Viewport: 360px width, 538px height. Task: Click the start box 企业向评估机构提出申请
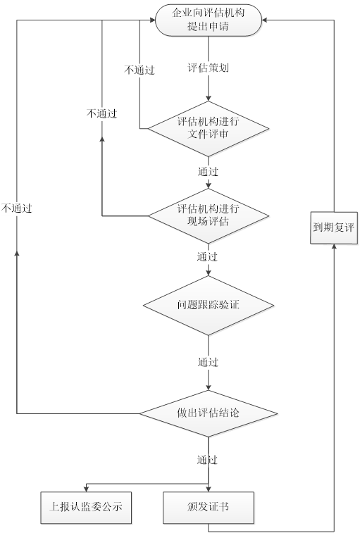pos(209,20)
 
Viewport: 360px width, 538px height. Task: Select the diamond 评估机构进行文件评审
pos(209,129)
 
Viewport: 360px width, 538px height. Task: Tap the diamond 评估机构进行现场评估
pos(209,215)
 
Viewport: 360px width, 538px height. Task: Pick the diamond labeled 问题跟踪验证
pos(209,305)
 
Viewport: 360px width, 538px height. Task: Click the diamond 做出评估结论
pos(209,413)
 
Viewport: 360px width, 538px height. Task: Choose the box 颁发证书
pos(209,506)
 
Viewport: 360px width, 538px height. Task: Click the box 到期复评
pos(334,227)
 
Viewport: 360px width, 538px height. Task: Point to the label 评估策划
pos(207,69)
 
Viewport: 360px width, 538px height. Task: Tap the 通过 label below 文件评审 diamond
pos(208,171)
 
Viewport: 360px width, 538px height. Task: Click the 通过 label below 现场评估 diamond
pos(208,256)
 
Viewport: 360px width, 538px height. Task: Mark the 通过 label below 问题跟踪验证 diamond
pos(208,362)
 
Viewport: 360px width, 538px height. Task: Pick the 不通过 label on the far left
pos(17,208)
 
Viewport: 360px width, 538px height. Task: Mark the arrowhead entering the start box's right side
pos(266,20)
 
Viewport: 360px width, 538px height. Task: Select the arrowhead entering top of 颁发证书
pos(209,489)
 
